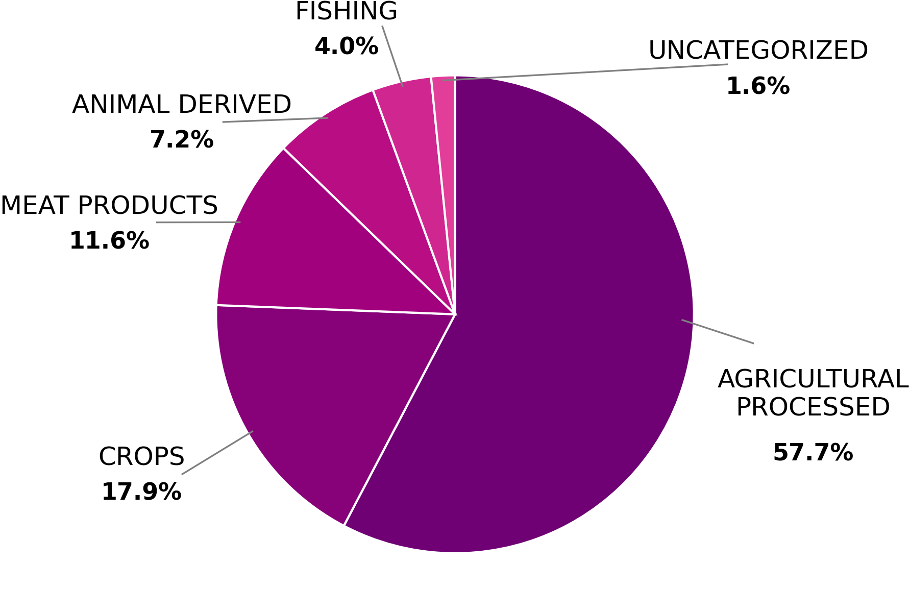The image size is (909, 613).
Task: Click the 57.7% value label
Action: tap(813, 453)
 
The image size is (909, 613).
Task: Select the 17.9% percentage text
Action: tap(141, 492)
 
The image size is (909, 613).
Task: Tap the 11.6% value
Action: tap(109, 241)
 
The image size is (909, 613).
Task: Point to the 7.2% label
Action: tap(182, 140)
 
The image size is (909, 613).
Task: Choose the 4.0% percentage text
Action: tap(346, 46)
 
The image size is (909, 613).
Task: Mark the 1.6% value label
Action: tap(758, 86)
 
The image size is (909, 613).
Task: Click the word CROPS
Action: tap(141, 457)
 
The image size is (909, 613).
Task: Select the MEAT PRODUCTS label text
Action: tap(109, 206)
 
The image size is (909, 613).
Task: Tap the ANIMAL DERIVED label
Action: tap(182, 105)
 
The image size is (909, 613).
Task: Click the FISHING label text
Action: tap(346, 12)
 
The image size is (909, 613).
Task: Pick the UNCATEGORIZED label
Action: tap(758, 51)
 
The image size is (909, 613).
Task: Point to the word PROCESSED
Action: tap(813, 407)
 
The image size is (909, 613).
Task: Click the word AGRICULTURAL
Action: tap(813, 380)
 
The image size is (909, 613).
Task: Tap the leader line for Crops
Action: tap(217, 453)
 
